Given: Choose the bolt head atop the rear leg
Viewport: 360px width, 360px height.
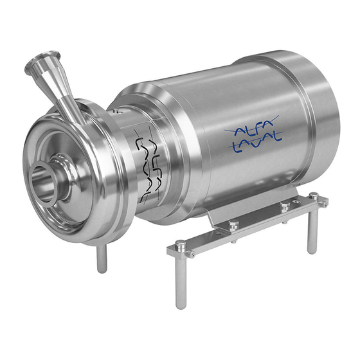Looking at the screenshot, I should pyautogui.click(x=313, y=195).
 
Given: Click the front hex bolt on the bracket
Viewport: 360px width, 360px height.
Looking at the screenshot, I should pyautogui.click(x=233, y=224).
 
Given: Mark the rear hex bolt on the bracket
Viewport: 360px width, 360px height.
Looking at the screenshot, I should pyautogui.click(x=284, y=206).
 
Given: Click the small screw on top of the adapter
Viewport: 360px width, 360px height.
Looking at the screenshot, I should pyautogui.click(x=114, y=111).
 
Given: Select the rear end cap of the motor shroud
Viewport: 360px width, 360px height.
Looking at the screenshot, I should pyautogui.click(x=321, y=109).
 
